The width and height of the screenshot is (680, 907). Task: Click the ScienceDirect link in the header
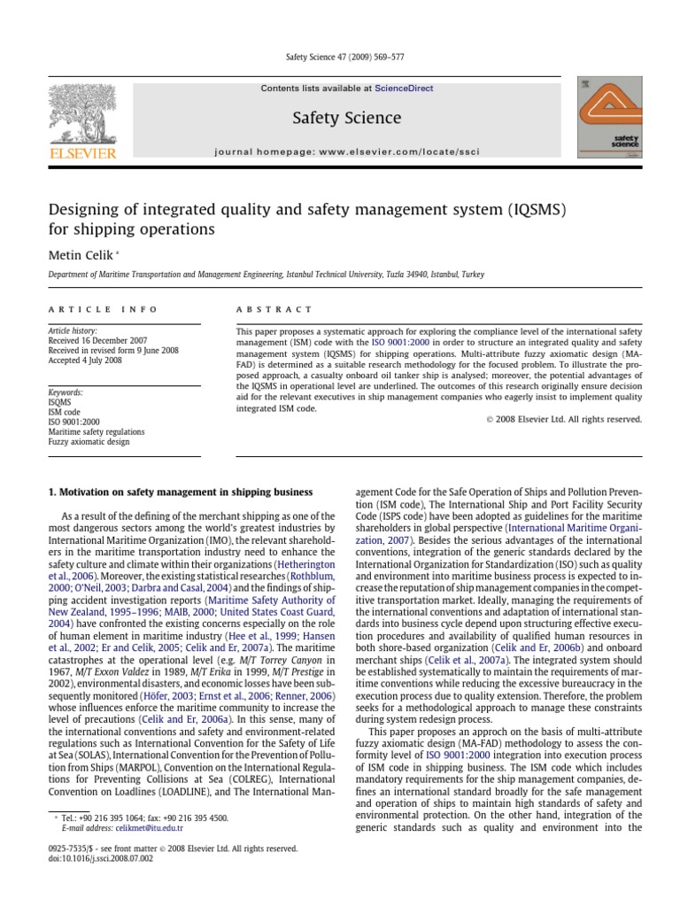[x=404, y=89]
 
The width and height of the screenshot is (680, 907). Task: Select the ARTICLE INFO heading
[x=103, y=309]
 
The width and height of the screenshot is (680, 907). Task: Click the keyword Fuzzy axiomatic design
[x=89, y=441]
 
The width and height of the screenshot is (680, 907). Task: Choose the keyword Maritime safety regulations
[x=97, y=431]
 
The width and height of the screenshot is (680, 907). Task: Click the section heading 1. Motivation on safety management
[x=179, y=492]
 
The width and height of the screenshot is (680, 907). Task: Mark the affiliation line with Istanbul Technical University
[x=266, y=275]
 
